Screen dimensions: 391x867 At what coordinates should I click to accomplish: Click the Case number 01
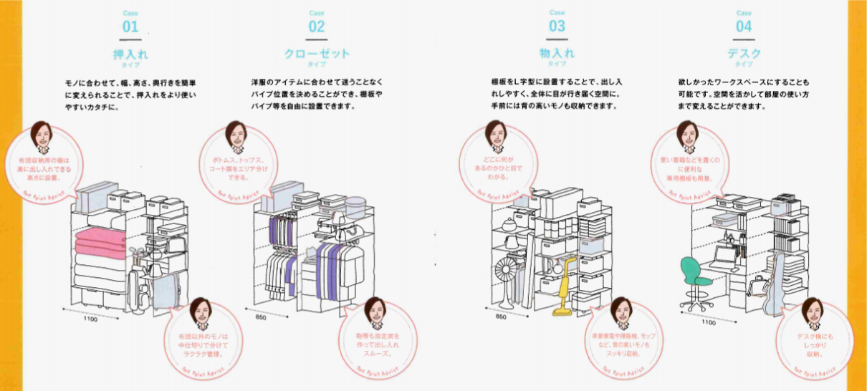pos(130,27)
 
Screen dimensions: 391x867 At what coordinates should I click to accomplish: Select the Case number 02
pos(316,27)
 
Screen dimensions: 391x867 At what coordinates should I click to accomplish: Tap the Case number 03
pos(557,27)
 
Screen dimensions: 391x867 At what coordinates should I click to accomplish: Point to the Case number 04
pos(744,27)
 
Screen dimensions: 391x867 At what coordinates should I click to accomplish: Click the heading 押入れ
pos(130,53)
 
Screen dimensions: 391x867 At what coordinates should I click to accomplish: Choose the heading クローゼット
pos(316,53)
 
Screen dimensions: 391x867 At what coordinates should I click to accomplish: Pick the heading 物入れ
pos(557,53)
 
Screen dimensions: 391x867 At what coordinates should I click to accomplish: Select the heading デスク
pos(744,53)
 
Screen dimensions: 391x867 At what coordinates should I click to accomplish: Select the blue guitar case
pos(775,283)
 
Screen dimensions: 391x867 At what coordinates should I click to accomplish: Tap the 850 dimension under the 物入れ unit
pos(501,316)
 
